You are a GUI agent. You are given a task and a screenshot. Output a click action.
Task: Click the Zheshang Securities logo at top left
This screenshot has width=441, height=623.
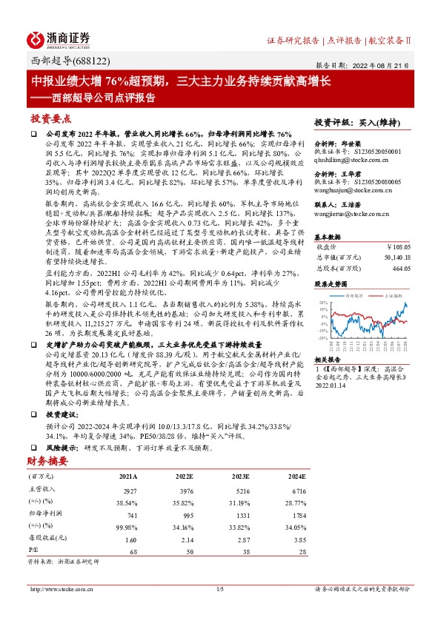click(x=59, y=38)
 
